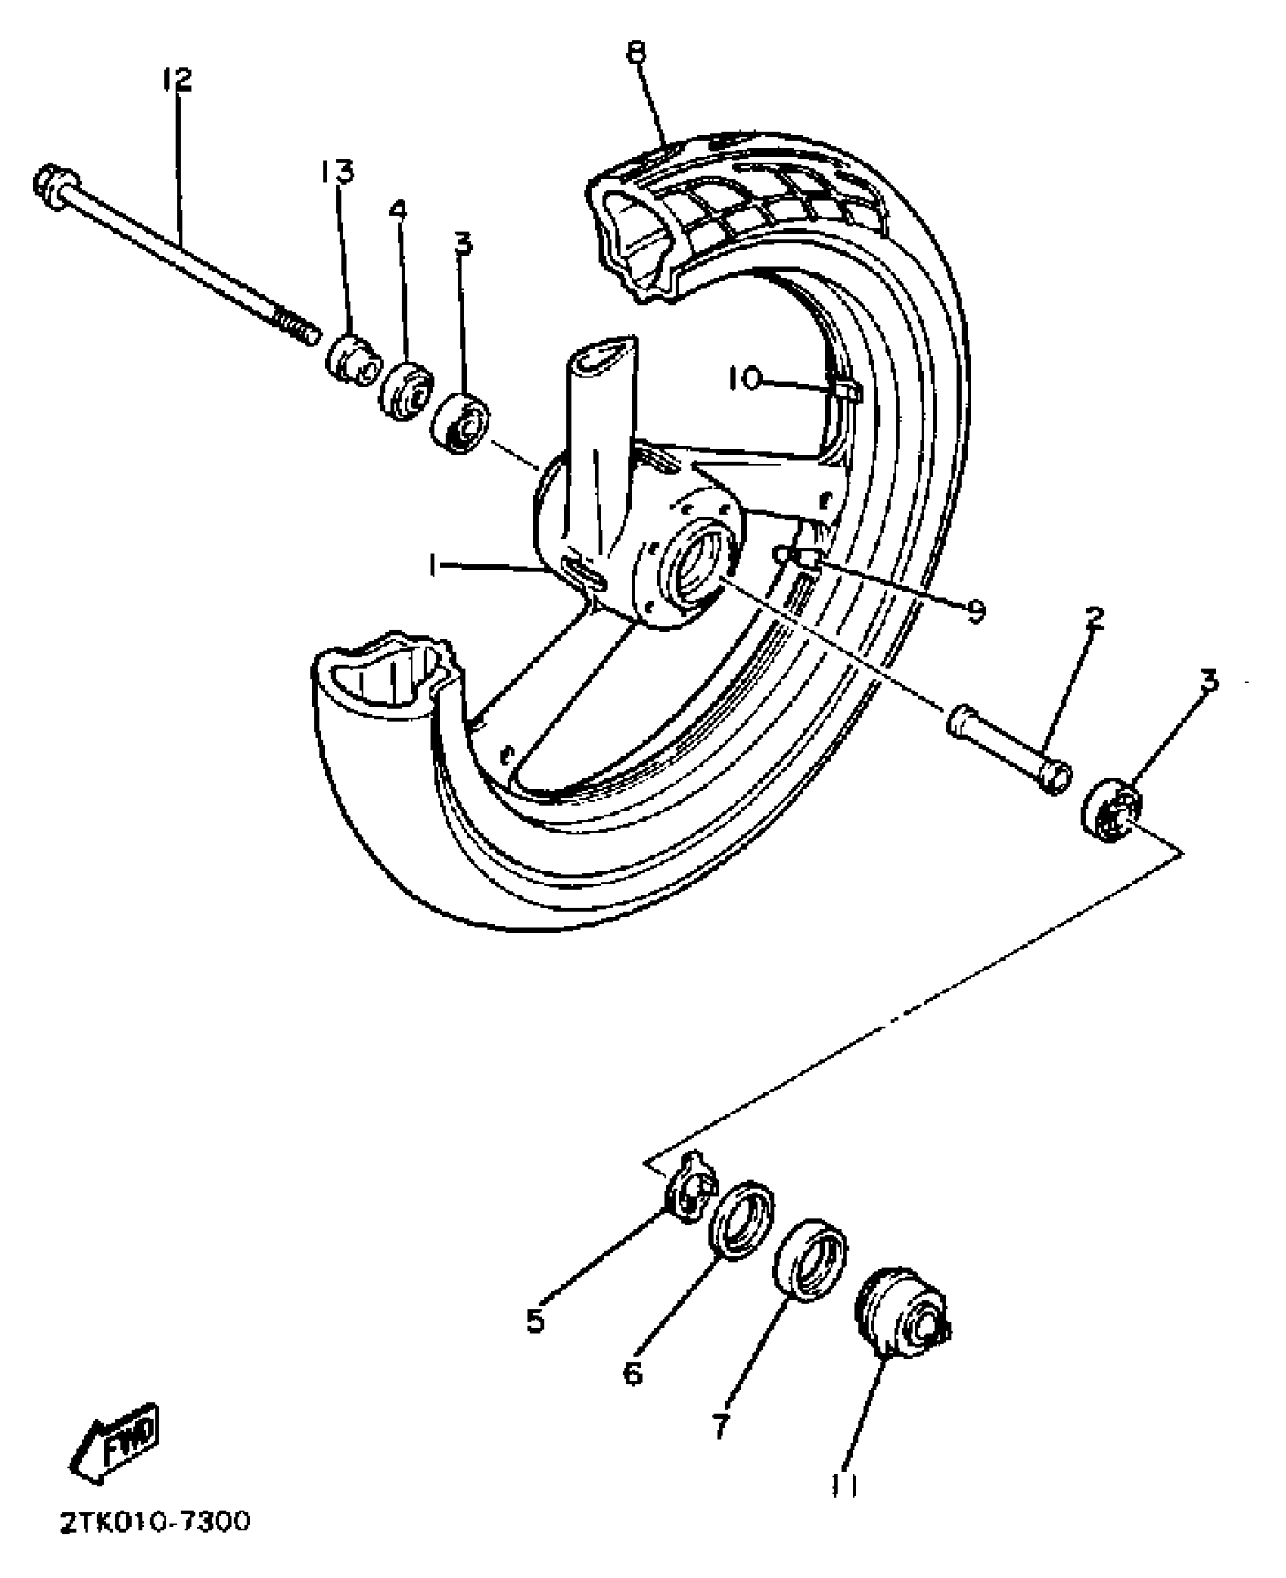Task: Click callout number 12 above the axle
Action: coord(177,79)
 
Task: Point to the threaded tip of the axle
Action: coord(299,329)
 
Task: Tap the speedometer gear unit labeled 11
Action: coord(900,1314)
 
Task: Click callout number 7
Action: coord(720,1426)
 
